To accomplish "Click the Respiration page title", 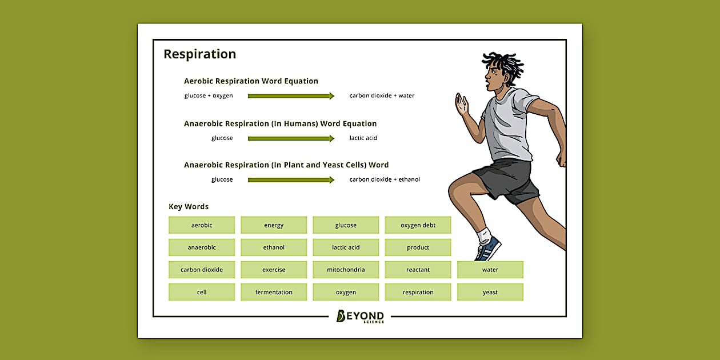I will [x=199, y=54].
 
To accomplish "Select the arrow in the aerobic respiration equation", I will [x=290, y=96].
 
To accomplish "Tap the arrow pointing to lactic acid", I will [x=290, y=138].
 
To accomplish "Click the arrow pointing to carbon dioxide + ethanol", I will [x=290, y=180].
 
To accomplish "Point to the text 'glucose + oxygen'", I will [x=209, y=95].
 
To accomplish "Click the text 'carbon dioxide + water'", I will [x=382, y=95].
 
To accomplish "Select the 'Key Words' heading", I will [x=189, y=207].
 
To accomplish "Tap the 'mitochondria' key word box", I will [x=346, y=270].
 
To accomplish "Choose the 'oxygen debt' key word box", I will [x=418, y=225].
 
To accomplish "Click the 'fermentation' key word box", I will [x=274, y=292].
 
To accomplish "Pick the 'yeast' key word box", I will [x=490, y=292].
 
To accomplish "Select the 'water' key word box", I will [x=490, y=270].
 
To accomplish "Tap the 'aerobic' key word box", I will [x=202, y=225].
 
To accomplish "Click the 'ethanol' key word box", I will [x=274, y=247].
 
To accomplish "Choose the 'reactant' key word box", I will [x=418, y=270].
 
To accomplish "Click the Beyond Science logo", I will [x=360, y=317].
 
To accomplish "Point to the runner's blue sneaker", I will [x=489, y=249].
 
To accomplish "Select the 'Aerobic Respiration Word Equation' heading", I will [x=251, y=81].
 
